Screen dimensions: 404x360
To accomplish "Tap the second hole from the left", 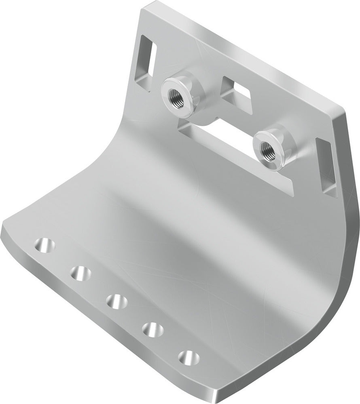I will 80,273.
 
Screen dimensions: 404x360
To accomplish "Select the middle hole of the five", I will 116,301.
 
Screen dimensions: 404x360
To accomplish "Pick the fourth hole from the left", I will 152,329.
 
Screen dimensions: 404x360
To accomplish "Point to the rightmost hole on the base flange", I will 188,358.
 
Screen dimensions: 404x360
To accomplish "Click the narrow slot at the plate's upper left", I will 148,56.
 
